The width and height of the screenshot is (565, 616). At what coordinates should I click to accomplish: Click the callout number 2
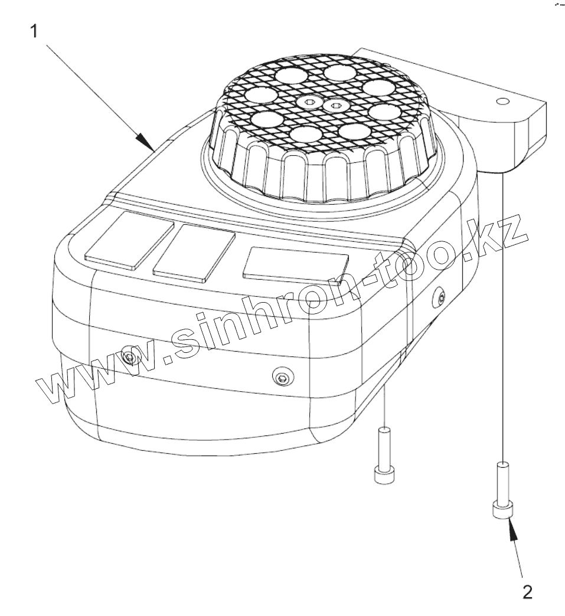coord(528,591)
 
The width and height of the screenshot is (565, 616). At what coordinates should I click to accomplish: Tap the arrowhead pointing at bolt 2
coord(512,529)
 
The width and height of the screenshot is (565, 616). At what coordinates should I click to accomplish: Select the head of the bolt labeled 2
coord(501,510)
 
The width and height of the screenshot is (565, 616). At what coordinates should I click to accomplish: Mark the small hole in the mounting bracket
coord(502,101)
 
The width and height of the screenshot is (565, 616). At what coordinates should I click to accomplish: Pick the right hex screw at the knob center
coord(336,107)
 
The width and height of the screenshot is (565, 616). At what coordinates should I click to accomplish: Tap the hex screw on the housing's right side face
coord(440,296)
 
